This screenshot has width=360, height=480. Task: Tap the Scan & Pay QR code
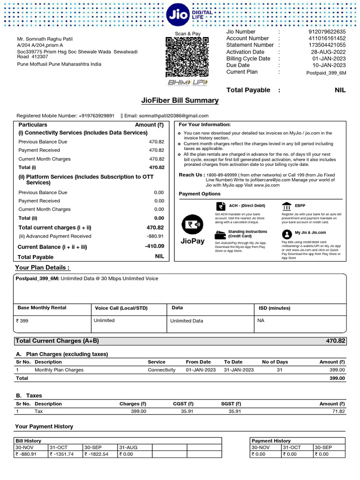click(x=187, y=57)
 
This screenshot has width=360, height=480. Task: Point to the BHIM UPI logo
click(x=187, y=83)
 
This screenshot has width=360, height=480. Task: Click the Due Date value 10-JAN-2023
click(x=329, y=65)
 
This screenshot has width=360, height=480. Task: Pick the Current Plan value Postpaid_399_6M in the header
click(x=326, y=73)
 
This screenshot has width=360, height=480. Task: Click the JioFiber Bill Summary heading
click(x=180, y=100)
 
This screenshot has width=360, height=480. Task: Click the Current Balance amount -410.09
click(x=154, y=246)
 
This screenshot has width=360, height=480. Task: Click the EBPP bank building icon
click(x=286, y=207)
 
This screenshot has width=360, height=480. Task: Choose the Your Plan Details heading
click(x=43, y=268)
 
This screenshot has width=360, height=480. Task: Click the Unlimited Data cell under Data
click(x=187, y=321)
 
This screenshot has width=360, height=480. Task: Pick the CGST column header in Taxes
click(x=183, y=404)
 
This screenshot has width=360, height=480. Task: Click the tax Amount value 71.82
click(x=337, y=411)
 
